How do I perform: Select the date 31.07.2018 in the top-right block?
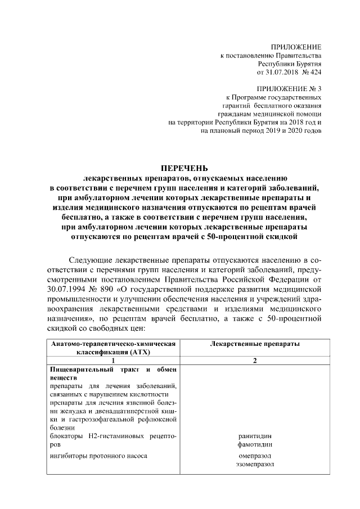point(279,73)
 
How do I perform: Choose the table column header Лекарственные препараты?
point(254,344)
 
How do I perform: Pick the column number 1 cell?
point(113,361)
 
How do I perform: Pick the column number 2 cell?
point(255,361)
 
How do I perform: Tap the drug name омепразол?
point(255,456)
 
